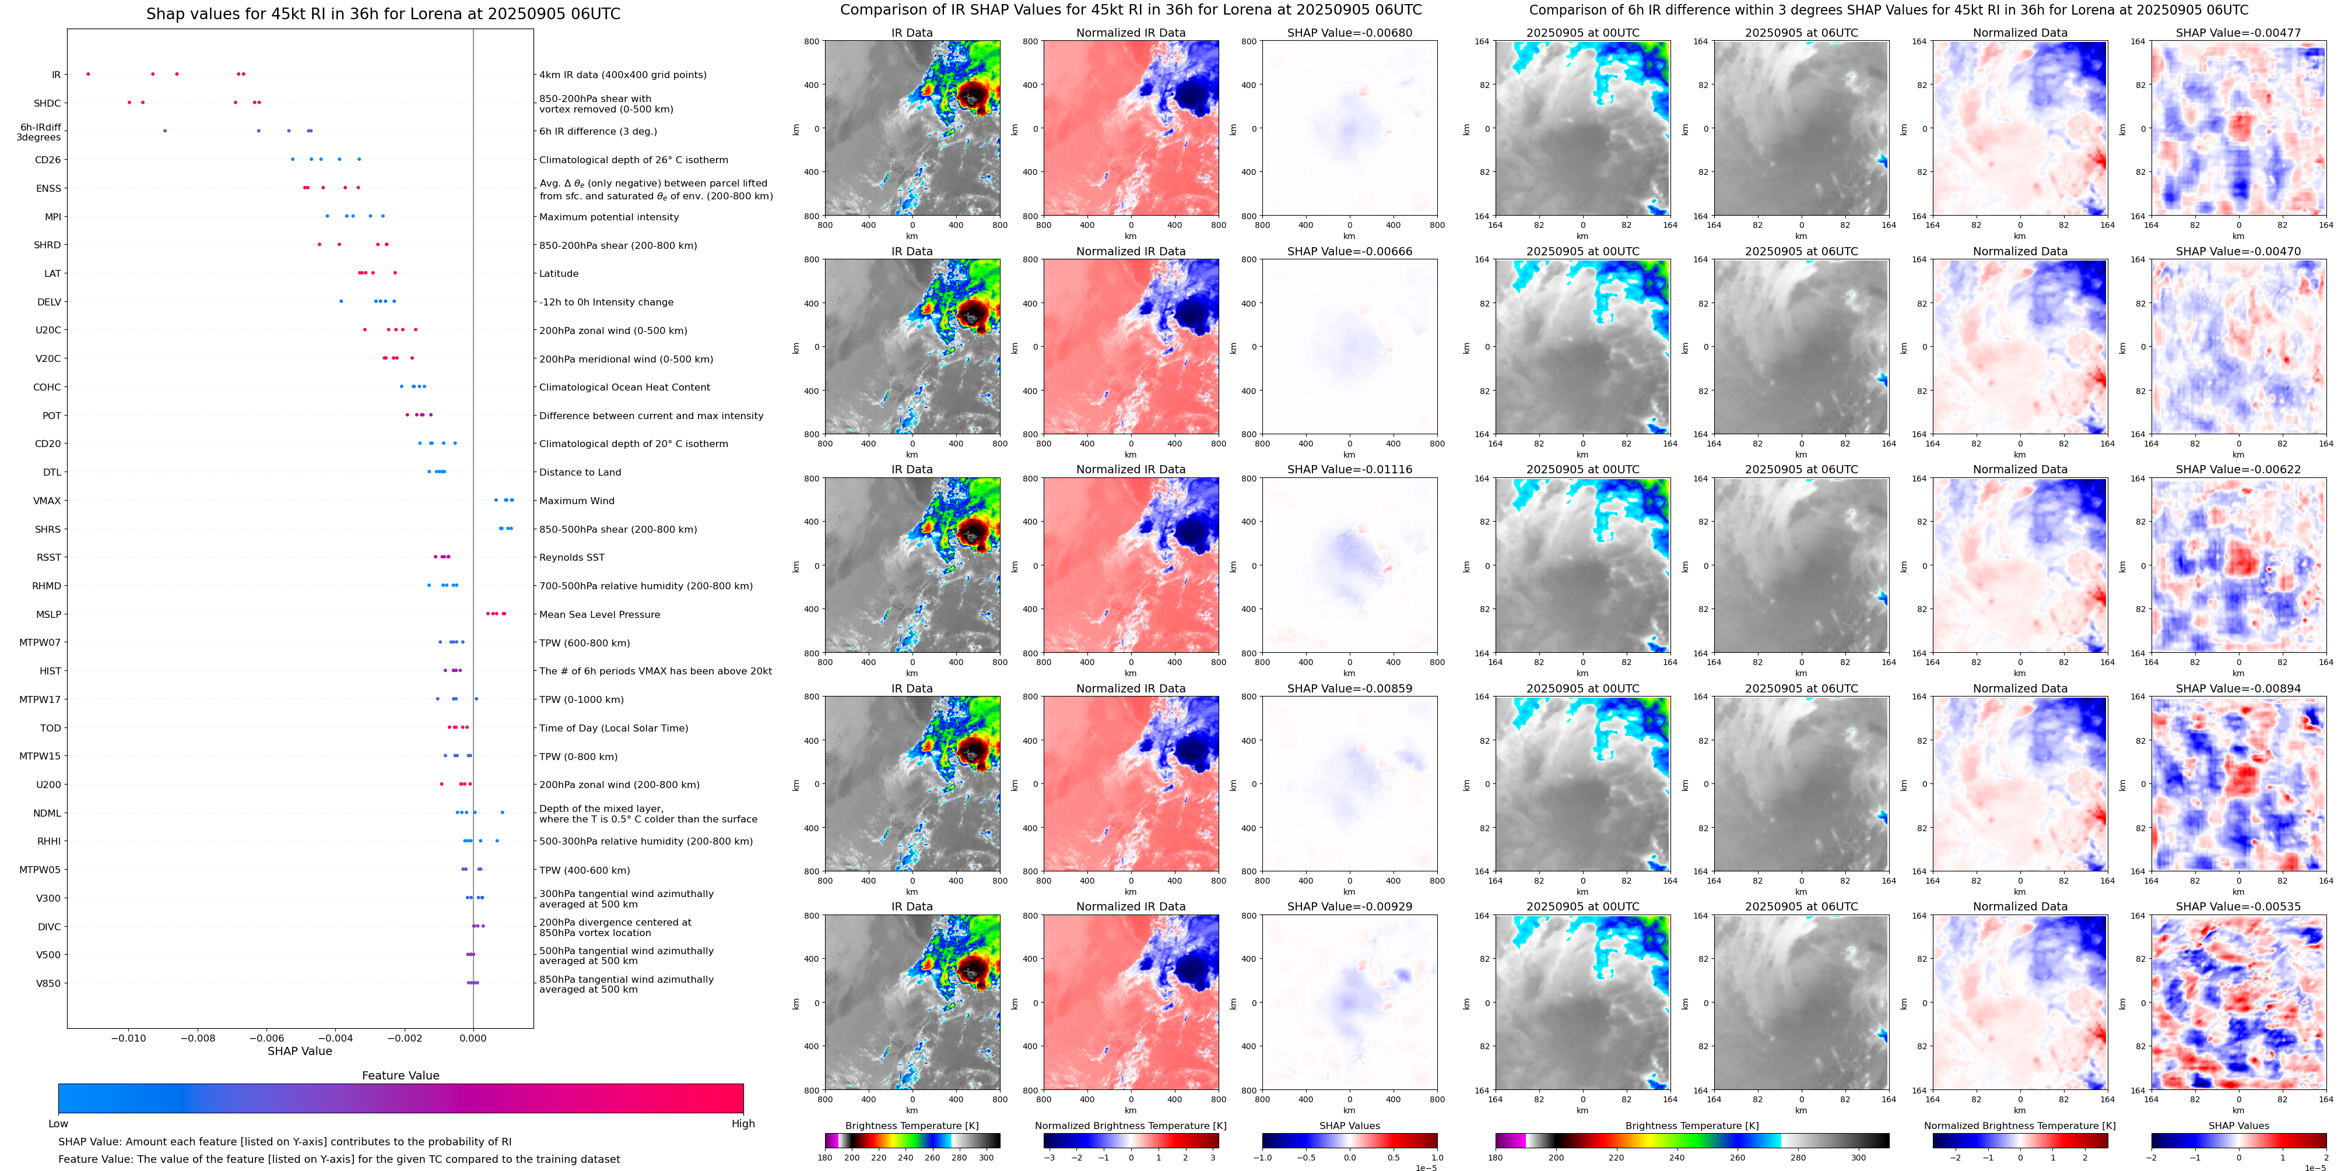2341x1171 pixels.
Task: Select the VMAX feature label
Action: [47, 501]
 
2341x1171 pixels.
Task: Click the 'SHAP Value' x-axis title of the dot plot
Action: [299, 1051]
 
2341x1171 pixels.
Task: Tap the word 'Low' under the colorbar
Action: [58, 1124]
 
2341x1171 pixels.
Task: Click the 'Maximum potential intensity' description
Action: [608, 217]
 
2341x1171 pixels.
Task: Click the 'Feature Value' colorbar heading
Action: [400, 1075]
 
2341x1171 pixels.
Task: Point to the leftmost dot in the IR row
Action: [88, 73]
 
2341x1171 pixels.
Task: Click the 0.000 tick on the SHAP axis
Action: [472, 1038]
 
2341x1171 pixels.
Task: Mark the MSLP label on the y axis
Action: [48, 615]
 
